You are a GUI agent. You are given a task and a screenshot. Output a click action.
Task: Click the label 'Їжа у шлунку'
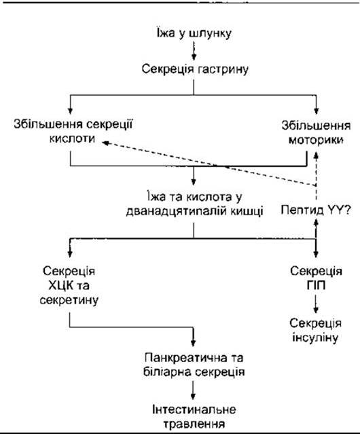(194, 33)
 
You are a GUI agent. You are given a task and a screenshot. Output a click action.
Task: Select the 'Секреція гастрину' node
(195, 69)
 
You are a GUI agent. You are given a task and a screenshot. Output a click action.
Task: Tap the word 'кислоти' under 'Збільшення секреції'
(72, 139)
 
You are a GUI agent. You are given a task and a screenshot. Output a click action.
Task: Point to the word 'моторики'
(316, 140)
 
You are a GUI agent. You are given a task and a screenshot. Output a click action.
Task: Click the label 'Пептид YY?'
(316, 211)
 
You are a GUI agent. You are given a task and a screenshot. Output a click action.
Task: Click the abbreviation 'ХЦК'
(60, 285)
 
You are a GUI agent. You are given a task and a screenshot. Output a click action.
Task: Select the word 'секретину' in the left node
(69, 300)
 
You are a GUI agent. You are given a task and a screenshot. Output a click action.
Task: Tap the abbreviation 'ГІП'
(316, 285)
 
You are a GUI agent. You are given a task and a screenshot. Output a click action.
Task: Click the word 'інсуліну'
(315, 338)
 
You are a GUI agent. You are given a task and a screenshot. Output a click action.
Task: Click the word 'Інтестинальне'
(194, 410)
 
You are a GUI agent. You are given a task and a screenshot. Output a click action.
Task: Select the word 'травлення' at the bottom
(194, 424)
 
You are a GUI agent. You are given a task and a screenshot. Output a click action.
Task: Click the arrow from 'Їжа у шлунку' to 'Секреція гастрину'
(194, 51)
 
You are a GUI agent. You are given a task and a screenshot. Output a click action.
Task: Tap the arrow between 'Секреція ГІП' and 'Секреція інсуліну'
(316, 304)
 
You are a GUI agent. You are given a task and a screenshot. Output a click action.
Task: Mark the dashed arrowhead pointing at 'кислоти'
(106, 143)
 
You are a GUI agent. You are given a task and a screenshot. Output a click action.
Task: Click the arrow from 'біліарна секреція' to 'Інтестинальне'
(193, 390)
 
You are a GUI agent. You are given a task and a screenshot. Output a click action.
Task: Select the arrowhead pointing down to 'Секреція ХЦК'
(70, 253)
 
